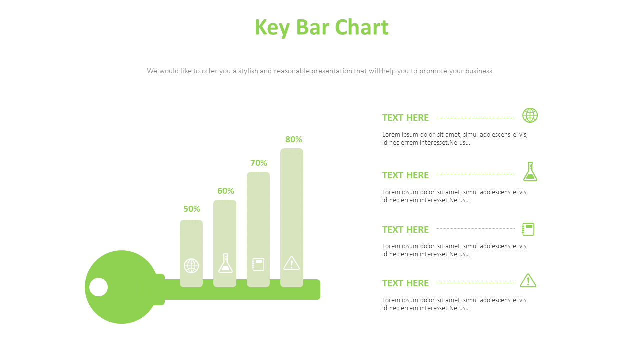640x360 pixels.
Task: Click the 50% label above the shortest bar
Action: [192, 209]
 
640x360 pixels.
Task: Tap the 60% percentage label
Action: [226, 191]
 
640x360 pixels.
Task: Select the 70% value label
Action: [259, 163]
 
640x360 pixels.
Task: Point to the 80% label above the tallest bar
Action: [294, 139]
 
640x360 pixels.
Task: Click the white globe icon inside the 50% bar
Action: [191, 266]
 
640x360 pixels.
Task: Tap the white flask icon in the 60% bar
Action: [225, 263]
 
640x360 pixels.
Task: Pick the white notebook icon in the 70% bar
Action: [258, 264]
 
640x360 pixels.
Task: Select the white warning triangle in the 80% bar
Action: [291, 263]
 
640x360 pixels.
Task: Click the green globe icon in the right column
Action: [530, 115]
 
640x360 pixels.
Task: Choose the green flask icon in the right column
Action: [530, 172]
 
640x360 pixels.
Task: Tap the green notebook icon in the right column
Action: [528, 229]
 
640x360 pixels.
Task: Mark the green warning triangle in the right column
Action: [528, 281]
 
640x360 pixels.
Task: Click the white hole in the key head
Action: [99, 287]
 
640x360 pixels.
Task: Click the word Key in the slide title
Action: [272, 28]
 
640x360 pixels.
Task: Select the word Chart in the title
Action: [361, 27]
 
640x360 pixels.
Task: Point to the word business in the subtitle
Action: [471, 71]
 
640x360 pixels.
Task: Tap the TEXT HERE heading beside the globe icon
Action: [405, 118]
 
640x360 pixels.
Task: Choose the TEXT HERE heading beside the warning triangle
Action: [405, 283]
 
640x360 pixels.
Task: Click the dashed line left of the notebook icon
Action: [475, 229]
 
